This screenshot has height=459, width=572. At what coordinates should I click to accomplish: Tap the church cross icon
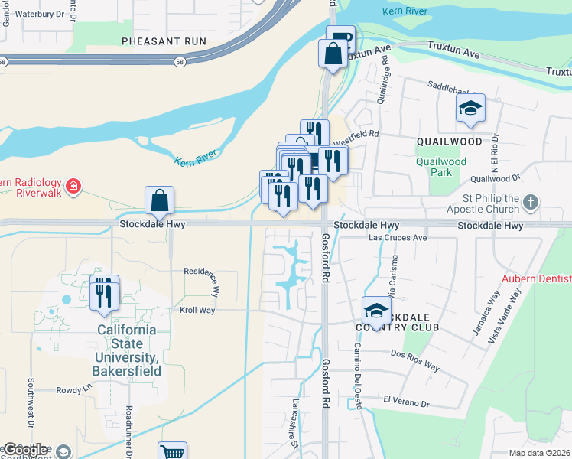[531, 203]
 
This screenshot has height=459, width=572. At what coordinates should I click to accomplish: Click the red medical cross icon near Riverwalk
[73, 186]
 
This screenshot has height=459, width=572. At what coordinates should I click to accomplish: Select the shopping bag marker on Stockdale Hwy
[159, 201]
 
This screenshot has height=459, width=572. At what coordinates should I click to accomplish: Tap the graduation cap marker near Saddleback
[470, 109]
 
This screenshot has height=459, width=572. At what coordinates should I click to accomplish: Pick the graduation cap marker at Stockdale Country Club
[375, 311]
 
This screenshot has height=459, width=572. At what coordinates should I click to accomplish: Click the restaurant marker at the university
[104, 292]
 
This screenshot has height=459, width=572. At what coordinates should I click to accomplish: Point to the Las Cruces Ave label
[398, 238]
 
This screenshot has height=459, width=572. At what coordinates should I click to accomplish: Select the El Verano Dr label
[408, 400]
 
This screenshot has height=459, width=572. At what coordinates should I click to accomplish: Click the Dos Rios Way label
[415, 360]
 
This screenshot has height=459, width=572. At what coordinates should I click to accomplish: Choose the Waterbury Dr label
[41, 14]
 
